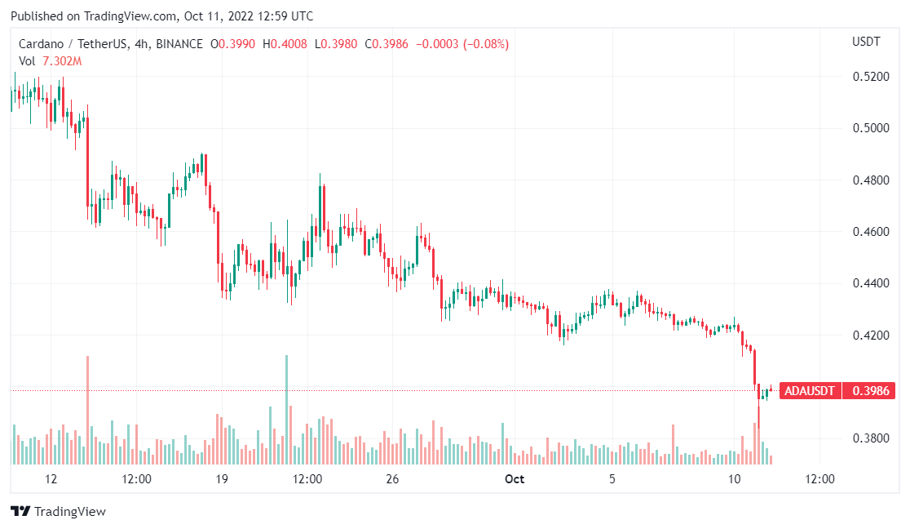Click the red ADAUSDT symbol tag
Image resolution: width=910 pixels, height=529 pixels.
click(809, 391)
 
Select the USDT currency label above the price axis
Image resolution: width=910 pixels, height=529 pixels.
click(865, 42)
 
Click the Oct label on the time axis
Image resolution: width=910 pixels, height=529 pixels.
click(515, 479)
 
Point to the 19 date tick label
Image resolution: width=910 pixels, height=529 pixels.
click(221, 479)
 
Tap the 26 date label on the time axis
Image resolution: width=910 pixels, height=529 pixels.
click(392, 479)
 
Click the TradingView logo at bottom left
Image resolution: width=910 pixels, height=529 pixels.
click(58, 512)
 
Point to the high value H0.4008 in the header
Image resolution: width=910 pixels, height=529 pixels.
click(289, 44)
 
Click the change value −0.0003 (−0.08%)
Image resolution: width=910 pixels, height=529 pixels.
click(462, 44)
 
